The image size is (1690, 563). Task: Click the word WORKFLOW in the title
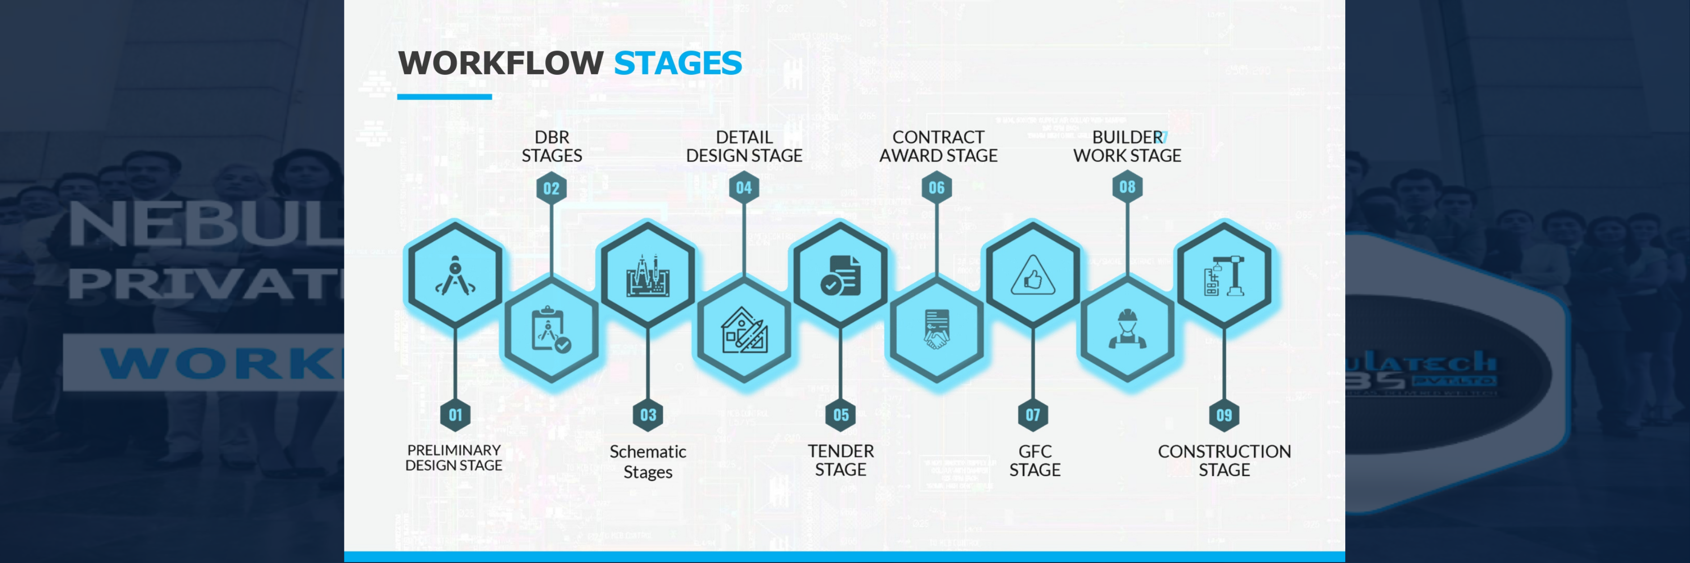coord(501,64)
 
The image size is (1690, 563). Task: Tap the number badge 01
coord(455,415)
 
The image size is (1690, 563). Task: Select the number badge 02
coord(551,189)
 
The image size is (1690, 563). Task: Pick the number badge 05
coord(840,415)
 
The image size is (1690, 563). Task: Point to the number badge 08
coord(1127,187)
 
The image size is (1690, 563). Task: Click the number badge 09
coord(1224,415)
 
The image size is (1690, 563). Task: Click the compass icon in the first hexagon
coord(455,276)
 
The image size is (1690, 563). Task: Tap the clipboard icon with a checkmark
coord(550,330)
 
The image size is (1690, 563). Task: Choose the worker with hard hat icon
coord(1127,329)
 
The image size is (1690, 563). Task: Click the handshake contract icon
coord(936,329)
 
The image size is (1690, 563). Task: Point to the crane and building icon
coord(1224,276)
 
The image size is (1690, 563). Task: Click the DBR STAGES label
coord(551,146)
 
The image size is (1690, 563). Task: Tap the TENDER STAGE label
coord(840,460)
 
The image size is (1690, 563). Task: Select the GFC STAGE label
coord(1035,461)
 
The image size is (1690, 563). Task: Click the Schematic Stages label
coord(648,461)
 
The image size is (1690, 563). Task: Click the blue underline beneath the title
coord(444,97)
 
